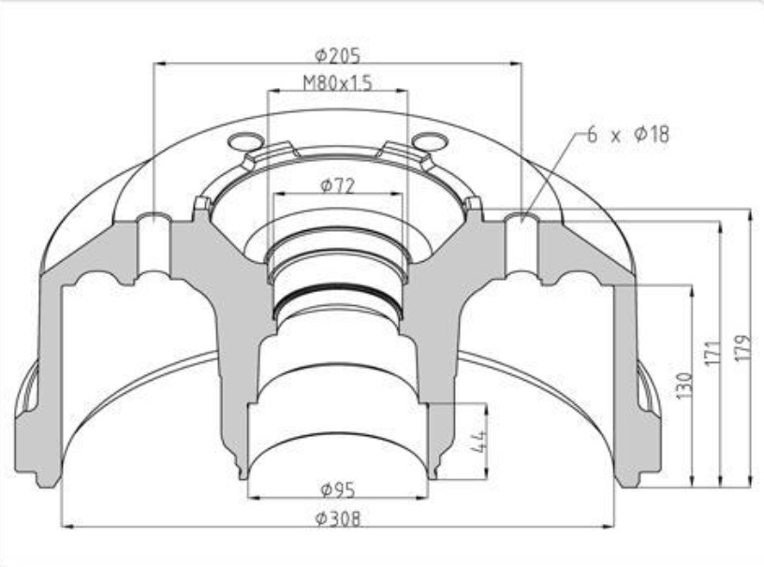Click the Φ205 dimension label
[x=338, y=56]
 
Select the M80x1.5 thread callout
[x=337, y=83]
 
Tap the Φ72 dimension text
[x=338, y=185]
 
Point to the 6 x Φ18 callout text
[x=628, y=134]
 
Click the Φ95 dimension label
[x=338, y=489]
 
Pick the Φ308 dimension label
[x=338, y=518]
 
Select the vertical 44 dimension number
[x=479, y=441]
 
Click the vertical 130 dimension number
[x=684, y=385]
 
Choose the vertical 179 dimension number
[x=742, y=348]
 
